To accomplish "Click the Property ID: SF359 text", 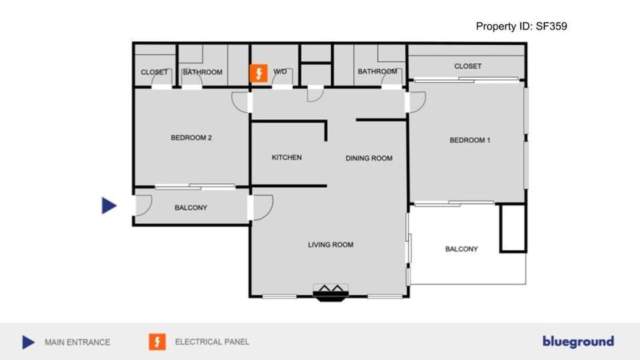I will (x=521, y=27).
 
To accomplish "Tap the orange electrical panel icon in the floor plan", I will (x=258, y=73).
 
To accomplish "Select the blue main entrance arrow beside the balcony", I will (x=109, y=206).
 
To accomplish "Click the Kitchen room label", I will (x=287, y=158).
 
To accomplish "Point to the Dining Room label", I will (x=369, y=159).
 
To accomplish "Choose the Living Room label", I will (x=331, y=245).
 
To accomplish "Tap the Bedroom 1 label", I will (x=470, y=141).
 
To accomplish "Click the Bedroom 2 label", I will (x=191, y=139).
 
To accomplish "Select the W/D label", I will (x=281, y=72).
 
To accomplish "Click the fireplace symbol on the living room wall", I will (x=331, y=292).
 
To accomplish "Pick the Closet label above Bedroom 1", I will (x=468, y=67).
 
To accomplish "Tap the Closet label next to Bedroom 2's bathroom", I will (x=154, y=73).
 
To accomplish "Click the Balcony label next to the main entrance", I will (x=191, y=208).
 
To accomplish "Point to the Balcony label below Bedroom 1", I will (x=461, y=249).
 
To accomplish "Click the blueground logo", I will (x=578, y=342).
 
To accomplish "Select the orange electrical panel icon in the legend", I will (x=157, y=342).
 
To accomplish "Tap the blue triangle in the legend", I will (x=28, y=342).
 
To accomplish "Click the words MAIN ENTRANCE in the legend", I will (x=77, y=342).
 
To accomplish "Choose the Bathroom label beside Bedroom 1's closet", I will (x=377, y=72).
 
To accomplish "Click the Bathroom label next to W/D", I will (x=203, y=73).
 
